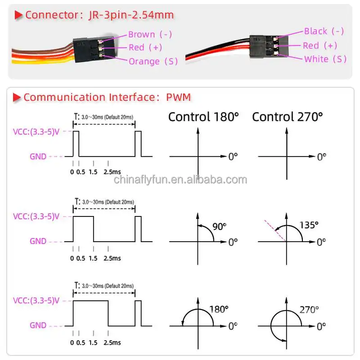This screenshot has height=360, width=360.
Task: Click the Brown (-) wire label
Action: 150,34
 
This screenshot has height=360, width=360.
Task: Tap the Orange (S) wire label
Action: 153,61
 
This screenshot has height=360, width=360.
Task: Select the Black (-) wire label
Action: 324,31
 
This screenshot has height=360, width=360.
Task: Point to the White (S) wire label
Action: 325,59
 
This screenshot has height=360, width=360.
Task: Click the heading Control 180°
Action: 203,117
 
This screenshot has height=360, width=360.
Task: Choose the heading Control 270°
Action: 288,117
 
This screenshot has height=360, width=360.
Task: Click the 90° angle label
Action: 219,226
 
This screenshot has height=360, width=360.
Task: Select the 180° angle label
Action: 219,309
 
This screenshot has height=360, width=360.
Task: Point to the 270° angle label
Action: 309,310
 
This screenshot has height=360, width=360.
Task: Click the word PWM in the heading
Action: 179,97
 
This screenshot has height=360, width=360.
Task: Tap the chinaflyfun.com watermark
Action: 180,180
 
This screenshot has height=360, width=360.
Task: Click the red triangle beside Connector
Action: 19,15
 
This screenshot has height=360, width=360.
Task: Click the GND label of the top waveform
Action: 38,157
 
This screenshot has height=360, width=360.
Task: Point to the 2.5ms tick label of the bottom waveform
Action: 112,342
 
